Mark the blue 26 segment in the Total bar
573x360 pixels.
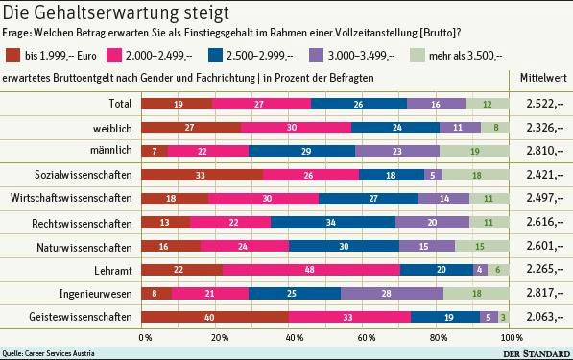coord(359,103)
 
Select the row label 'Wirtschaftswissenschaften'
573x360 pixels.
coord(70,198)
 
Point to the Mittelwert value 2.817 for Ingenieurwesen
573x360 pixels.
coord(543,294)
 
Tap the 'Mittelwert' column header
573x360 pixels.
coord(543,76)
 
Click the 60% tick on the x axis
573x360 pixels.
coord(365,338)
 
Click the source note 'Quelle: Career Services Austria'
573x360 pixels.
coord(48,353)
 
